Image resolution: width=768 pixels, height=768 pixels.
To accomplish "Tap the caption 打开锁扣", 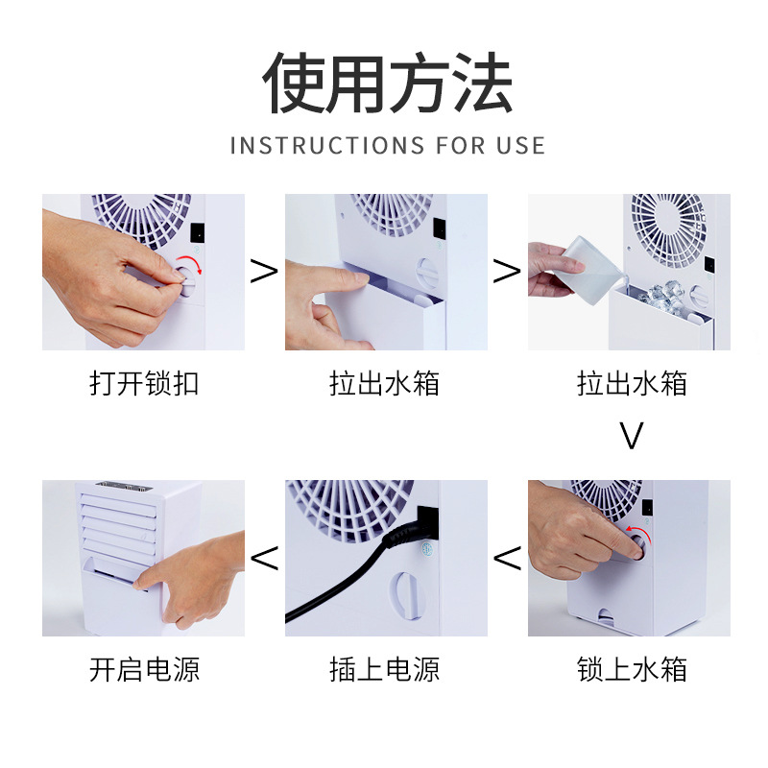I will tap(144, 385).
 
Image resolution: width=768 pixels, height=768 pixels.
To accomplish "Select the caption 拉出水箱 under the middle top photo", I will tap(384, 385).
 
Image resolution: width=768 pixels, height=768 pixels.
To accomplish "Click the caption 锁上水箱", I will tap(632, 669).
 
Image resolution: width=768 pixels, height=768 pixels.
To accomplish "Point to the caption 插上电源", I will tap(384, 669).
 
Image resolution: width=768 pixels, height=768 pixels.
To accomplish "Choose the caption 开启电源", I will tap(144, 669).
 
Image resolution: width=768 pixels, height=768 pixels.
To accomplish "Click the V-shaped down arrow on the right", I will tap(631, 437).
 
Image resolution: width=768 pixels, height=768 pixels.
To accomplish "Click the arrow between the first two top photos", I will tap(264, 272).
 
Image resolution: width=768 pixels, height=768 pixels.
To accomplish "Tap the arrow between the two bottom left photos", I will tap(264, 556).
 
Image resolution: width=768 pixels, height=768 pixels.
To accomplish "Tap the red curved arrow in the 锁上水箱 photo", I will tap(636, 534).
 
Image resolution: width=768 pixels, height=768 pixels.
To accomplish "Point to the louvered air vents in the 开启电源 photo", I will tap(115, 523).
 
